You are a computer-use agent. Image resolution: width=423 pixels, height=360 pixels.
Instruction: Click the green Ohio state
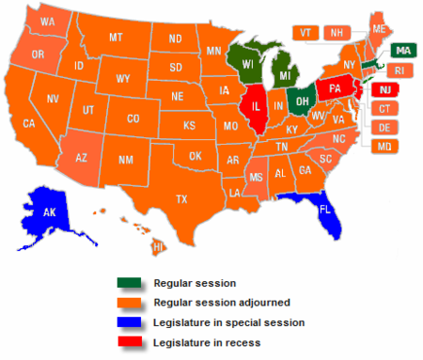click(303, 95)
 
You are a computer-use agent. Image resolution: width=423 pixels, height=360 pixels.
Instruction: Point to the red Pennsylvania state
click(334, 90)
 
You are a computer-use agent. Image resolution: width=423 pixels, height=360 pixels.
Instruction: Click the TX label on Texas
click(182, 198)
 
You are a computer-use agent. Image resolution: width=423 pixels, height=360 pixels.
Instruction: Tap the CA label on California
click(29, 123)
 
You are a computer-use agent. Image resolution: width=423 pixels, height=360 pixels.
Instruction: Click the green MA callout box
click(402, 50)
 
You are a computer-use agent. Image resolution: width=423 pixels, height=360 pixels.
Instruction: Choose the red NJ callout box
click(384, 89)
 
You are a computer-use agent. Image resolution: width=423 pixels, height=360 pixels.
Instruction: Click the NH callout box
click(334, 32)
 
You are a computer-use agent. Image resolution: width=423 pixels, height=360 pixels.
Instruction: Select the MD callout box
click(384, 147)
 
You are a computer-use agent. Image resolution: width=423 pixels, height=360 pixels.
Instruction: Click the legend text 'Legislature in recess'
click(206, 343)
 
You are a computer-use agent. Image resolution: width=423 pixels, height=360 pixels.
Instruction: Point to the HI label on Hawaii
click(159, 246)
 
